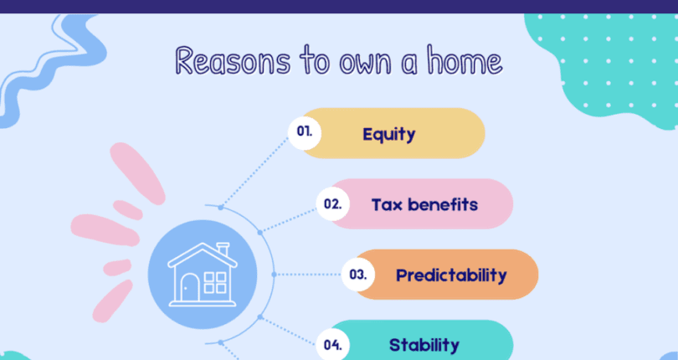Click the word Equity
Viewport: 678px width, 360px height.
(388, 133)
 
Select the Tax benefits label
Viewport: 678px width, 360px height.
(424, 204)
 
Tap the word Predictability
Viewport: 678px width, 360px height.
(451, 275)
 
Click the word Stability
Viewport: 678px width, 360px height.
(424, 345)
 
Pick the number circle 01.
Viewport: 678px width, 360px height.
(303, 131)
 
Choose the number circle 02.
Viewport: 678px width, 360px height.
(331, 203)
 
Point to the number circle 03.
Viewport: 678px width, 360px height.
(358, 274)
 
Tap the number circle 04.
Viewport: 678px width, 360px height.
(331, 344)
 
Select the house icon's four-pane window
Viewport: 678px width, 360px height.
(215, 281)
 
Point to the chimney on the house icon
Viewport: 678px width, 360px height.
(223, 249)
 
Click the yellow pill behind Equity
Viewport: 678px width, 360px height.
(452, 133)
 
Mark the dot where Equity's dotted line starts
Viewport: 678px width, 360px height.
(220, 207)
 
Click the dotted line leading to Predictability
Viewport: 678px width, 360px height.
(310, 274)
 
